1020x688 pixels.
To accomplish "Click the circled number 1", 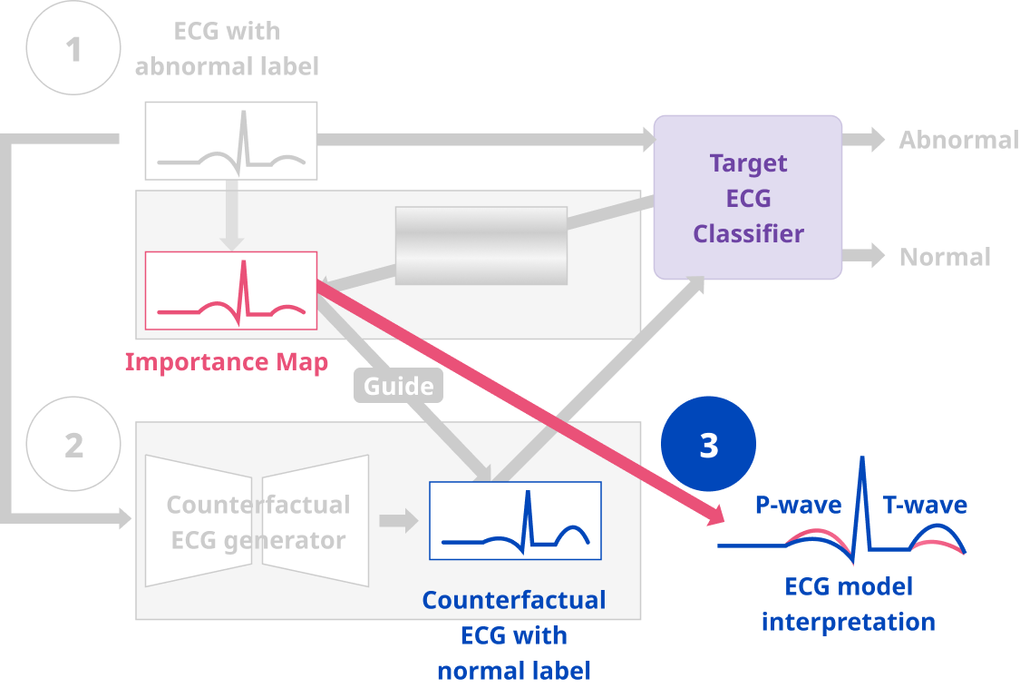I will click(x=73, y=48).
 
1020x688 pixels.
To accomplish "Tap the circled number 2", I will click(x=73, y=445).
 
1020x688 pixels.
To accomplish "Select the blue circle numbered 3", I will click(x=709, y=445).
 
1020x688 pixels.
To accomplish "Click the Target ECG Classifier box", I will click(x=748, y=198).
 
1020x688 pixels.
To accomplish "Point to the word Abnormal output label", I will click(x=958, y=140).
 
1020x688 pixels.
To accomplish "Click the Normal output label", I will click(x=945, y=257).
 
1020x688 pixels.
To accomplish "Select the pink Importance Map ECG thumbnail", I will click(x=231, y=290).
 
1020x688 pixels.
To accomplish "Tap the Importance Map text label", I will click(x=226, y=362).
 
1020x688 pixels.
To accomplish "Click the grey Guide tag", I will click(x=399, y=387).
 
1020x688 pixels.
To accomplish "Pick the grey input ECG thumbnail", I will click(x=231, y=141).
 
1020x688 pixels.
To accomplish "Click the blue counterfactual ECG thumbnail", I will click(x=515, y=521).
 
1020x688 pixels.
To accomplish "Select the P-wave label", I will click(x=798, y=505).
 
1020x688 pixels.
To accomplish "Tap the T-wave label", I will click(x=925, y=505).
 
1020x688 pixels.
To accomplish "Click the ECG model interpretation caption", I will click(x=849, y=604).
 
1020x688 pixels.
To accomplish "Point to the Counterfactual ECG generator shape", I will click(x=257, y=521).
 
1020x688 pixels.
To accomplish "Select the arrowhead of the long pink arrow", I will click(x=716, y=513).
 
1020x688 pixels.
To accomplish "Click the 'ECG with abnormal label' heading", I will click(x=227, y=48).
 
